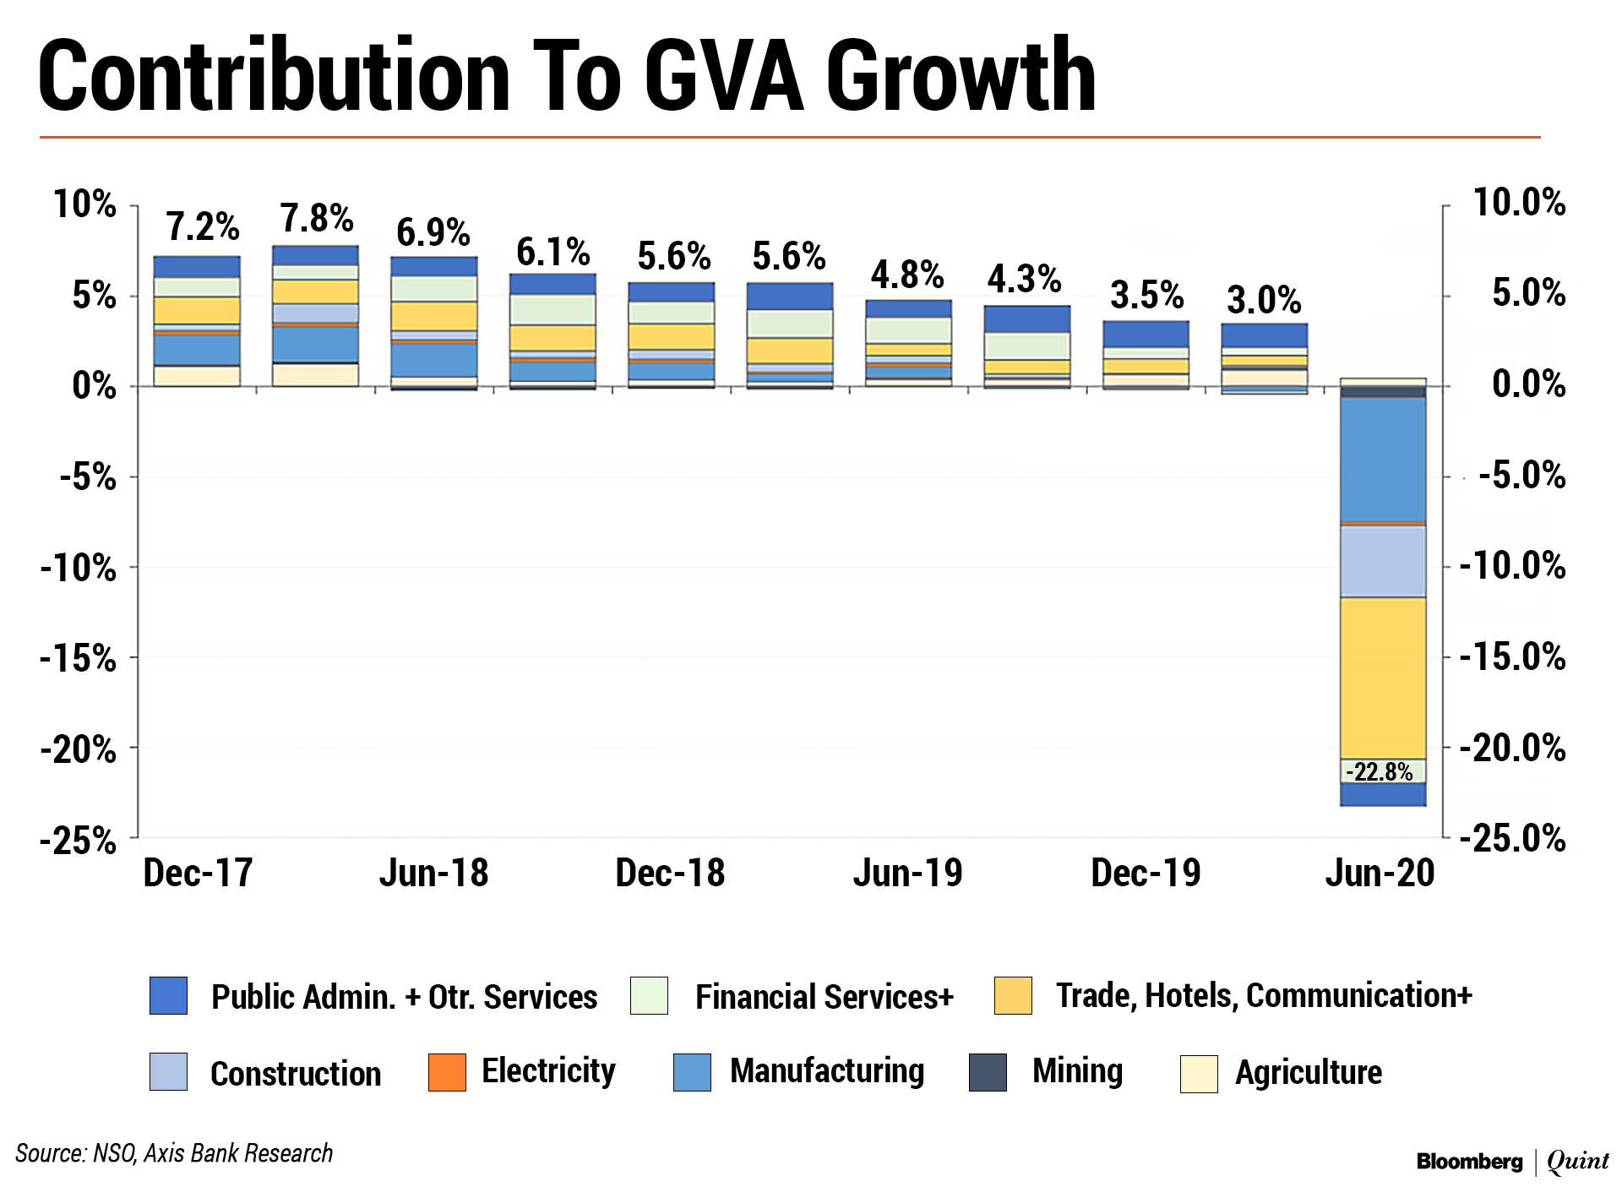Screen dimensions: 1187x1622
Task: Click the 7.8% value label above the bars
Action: point(317,219)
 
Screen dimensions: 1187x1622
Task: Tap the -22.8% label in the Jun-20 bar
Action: point(1379,771)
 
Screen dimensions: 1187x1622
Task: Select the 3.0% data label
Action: point(1264,300)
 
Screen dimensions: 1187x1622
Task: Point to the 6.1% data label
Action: point(552,252)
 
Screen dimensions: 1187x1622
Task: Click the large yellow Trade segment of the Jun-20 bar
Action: point(1383,678)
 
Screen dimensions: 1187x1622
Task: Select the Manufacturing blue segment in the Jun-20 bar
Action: point(1383,460)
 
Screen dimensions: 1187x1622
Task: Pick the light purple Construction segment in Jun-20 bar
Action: point(1383,561)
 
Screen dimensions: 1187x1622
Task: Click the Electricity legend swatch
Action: point(447,1072)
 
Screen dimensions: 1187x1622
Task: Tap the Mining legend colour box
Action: point(988,1072)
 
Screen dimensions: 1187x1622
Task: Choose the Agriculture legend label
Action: point(1308,1073)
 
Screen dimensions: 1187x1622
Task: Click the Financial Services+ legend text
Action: point(824,997)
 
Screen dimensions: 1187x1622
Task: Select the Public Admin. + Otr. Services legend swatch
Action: point(168,995)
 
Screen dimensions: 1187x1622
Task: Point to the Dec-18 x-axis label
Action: point(670,873)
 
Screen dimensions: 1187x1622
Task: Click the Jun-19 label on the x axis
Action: point(907,873)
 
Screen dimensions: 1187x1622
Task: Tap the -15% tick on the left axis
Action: point(78,658)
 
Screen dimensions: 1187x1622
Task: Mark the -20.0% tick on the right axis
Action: point(1513,748)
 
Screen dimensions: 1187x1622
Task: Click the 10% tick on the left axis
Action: point(84,204)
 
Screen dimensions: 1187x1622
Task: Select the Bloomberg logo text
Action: point(1469,1162)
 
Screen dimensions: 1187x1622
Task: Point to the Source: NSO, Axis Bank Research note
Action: point(174,1153)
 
